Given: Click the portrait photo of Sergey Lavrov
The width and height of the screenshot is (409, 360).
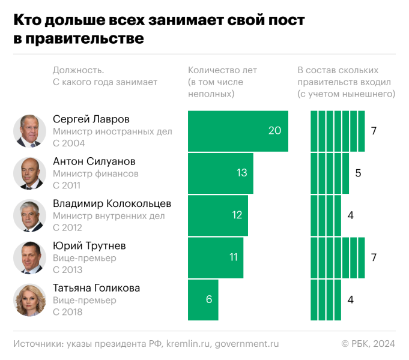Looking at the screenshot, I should click(x=29, y=131).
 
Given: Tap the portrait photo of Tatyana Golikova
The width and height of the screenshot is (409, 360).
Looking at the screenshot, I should click(x=29, y=300).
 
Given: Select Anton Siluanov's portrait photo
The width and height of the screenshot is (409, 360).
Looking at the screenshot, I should click(x=29, y=173).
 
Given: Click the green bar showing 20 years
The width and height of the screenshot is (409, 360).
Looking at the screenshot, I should click(x=238, y=131).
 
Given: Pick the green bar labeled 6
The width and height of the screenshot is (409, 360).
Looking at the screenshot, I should click(x=203, y=299).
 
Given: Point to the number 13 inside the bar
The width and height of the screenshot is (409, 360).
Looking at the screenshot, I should click(x=241, y=173).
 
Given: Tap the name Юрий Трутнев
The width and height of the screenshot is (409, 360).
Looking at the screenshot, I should click(x=89, y=246).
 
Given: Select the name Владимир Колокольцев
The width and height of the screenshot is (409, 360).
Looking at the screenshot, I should click(x=112, y=203).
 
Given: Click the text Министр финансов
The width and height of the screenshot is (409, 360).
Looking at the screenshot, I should click(x=95, y=174).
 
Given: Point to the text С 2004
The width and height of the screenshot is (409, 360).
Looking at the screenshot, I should click(x=68, y=143).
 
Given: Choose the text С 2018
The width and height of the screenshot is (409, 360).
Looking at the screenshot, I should click(x=67, y=312).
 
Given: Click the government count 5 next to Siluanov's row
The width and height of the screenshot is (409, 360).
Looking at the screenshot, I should click(x=358, y=173).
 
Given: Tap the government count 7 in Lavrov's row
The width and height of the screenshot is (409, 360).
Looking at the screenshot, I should click(x=374, y=131).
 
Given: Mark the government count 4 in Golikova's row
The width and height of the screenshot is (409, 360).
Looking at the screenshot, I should click(x=350, y=299).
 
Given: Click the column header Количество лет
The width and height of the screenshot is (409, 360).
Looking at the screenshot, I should click(x=222, y=70).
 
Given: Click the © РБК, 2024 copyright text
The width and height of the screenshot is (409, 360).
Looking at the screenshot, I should click(x=368, y=344).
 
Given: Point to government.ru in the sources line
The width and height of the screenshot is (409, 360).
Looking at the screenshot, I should click(x=246, y=344).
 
